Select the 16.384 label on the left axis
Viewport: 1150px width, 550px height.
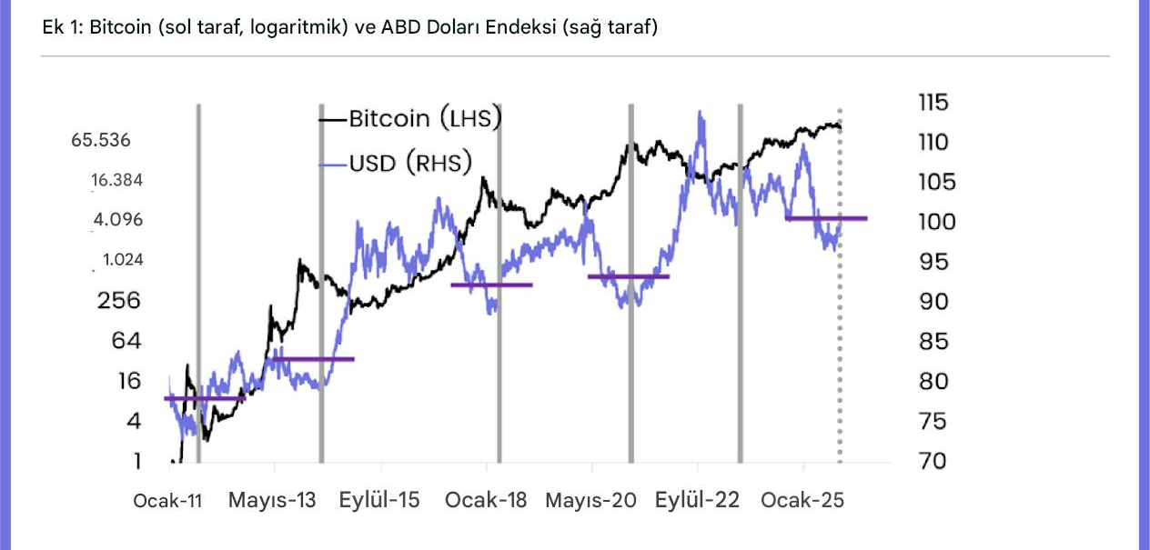click(x=116, y=180)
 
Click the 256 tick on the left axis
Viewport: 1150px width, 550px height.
click(x=119, y=300)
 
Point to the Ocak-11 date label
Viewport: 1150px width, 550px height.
click(x=168, y=501)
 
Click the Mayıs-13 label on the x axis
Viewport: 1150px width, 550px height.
click(x=272, y=501)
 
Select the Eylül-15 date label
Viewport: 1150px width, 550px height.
click(x=379, y=501)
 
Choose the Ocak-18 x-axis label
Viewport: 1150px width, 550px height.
click(x=486, y=501)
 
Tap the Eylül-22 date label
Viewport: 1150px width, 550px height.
click(x=698, y=501)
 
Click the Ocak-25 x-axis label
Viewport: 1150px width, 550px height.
click(x=802, y=501)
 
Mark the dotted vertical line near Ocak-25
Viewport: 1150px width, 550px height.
click(x=839, y=364)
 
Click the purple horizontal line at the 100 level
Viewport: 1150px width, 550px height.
click(x=826, y=218)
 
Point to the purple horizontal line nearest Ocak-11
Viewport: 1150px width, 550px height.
click(x=205, y=398)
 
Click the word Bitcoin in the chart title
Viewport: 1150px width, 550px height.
click(x=119, y=27)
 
